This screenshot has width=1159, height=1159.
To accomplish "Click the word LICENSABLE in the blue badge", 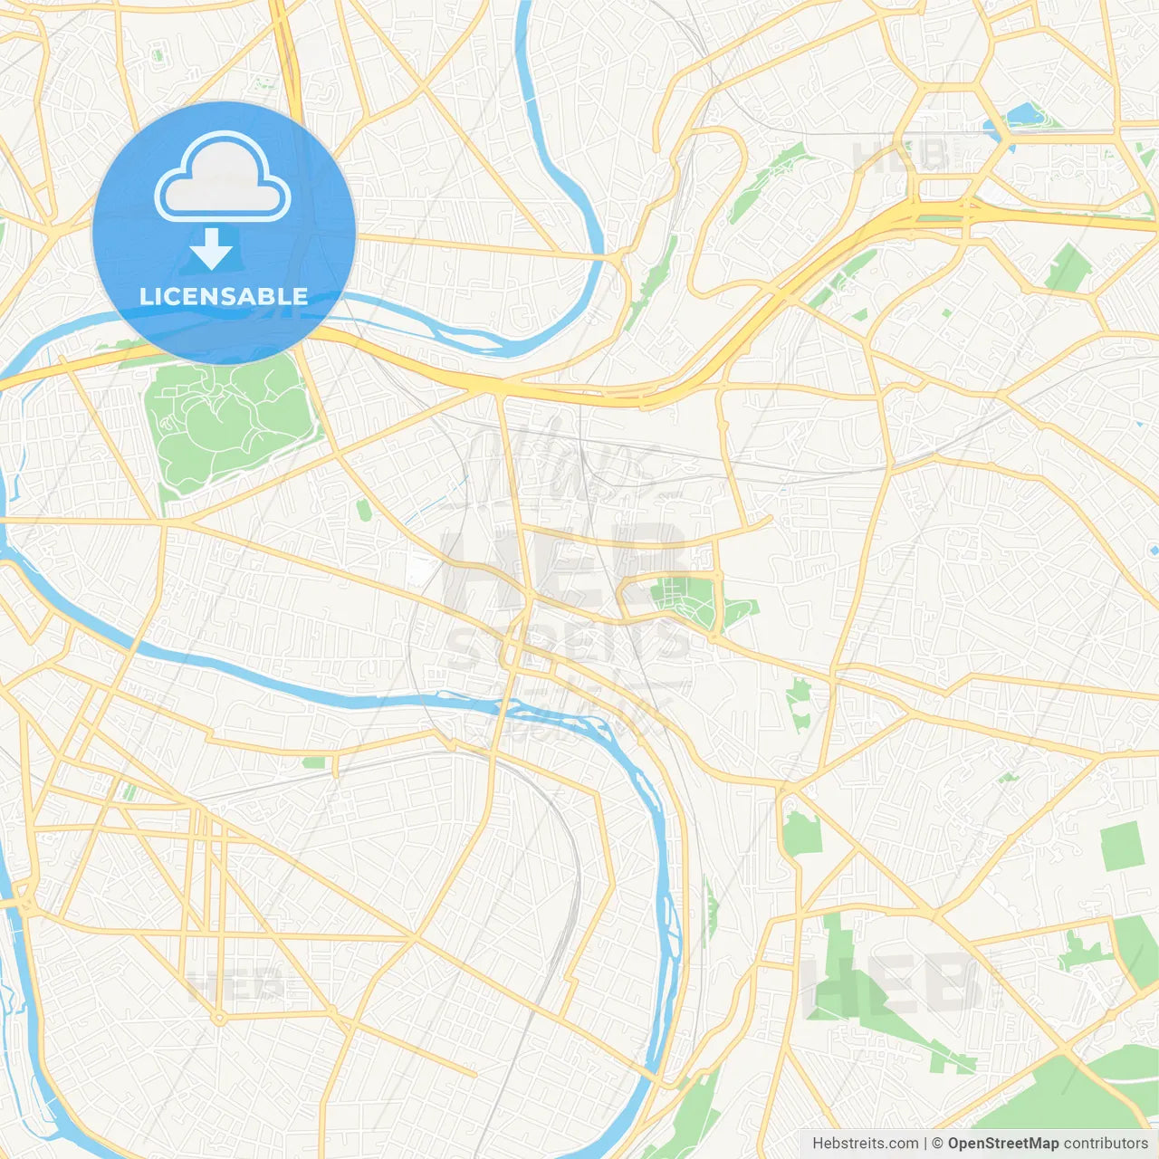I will (224, 296).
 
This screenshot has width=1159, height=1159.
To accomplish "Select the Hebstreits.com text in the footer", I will (866, 1144).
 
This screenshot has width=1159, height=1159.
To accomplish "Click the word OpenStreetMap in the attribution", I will (1002, 1144).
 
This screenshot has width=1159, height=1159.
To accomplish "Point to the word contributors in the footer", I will (1106, 1144).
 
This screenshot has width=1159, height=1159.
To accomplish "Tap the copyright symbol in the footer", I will (938, 1144).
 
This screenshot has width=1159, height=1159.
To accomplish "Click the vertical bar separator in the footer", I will (925, 1144).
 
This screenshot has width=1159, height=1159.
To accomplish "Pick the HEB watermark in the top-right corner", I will (900, 155).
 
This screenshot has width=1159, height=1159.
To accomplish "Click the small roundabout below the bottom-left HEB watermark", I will (218, 1019).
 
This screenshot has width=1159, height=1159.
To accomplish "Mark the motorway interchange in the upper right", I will (942, 208).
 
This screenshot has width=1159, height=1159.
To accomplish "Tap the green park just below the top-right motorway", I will (1068, 268).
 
